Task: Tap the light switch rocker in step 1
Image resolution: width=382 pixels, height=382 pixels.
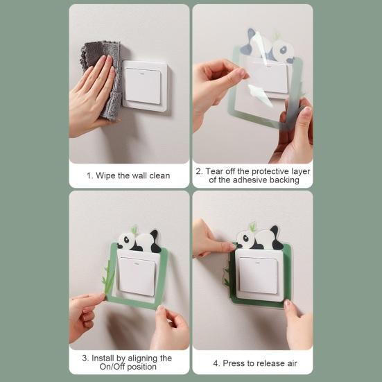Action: (143, 85)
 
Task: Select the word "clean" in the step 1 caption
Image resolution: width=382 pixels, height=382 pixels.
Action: (159, 175)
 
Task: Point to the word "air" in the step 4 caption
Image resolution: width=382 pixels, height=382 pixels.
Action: (292, 363)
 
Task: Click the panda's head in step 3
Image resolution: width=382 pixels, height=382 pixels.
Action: (126, 240)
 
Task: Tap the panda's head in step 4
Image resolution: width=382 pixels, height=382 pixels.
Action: (245, 238)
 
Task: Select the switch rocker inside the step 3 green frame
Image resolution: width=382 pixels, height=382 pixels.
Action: (137, 276)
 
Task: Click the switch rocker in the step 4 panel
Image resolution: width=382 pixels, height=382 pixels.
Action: (258, 275)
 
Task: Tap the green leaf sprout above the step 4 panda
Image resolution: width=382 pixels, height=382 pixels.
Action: (253, 227)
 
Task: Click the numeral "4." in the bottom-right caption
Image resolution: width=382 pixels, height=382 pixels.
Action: (216, 363)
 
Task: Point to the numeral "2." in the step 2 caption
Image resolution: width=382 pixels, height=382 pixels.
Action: (199, 171)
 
